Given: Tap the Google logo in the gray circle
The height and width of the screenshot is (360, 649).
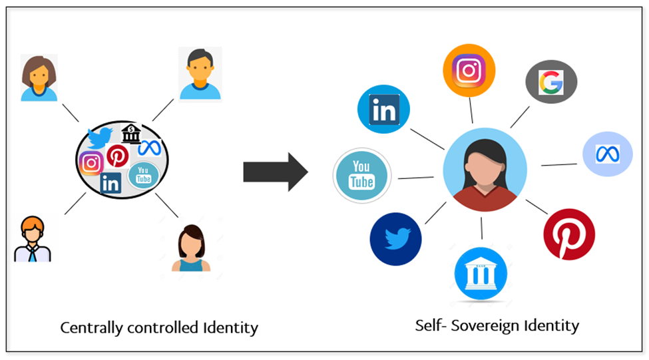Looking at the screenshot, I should pos(550,82).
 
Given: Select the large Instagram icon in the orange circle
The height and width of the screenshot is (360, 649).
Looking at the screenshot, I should pos(469,70).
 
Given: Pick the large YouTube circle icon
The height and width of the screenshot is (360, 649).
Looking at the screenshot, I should pos(361,175).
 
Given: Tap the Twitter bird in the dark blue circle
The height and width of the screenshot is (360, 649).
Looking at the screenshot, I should pos(396,238).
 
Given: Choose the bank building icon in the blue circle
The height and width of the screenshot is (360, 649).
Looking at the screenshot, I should pos(481,273).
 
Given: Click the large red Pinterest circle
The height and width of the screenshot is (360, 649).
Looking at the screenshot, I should pos(569,234).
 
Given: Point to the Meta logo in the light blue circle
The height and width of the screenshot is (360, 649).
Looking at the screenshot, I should pos(607,154).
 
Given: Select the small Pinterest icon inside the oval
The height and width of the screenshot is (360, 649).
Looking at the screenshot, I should pos(118,156).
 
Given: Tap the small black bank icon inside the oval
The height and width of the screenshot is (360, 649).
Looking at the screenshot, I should pos(131,134).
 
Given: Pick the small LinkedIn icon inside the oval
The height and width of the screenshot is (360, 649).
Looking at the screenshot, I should pos(110,183).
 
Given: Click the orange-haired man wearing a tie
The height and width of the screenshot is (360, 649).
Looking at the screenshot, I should pos(33,238).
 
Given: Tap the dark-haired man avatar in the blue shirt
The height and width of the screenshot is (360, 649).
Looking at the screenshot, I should pos(199,74).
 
